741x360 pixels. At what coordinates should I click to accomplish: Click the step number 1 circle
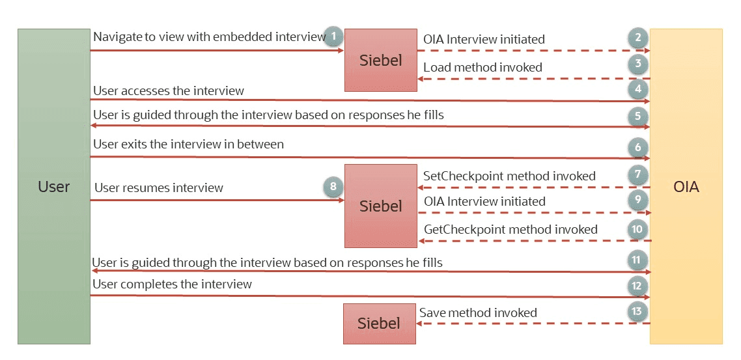click(x=333, y=36)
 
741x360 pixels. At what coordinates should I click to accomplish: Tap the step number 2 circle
click(x=638, y=38)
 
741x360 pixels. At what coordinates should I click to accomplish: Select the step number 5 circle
click(x=638, y=117)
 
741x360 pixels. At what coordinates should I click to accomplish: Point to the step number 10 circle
click(x=638, y=228)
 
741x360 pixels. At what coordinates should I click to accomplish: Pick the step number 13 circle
click(x=638, y=312)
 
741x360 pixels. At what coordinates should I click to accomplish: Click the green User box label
click(x=54, y=187)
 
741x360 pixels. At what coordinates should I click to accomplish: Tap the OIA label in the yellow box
click(x=686, y=187)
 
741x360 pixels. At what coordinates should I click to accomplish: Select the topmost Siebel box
click(x=380, y=60)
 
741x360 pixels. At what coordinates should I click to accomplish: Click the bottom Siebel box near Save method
click(x=379, y=324)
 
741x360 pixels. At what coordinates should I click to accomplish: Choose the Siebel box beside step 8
click(x=380, y=206)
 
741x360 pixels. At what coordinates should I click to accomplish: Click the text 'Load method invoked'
click(x=482, y=67)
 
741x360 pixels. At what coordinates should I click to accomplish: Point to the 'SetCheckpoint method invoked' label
click(x=509, y=176)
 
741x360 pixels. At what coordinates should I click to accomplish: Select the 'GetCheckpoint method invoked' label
click(x=510, y=229)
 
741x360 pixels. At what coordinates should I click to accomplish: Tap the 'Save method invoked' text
click(x=478, y=313)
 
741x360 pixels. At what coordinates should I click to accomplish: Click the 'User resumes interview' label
click(x=159, y=188)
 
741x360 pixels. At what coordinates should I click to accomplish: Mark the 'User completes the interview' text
click(x=172, y=284)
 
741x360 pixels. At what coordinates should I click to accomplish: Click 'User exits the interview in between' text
click(x=188, y=144)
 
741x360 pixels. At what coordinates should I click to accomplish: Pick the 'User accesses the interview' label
click(x=169, y=91)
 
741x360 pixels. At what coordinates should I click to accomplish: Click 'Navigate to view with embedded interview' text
click(x=209, y=37)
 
